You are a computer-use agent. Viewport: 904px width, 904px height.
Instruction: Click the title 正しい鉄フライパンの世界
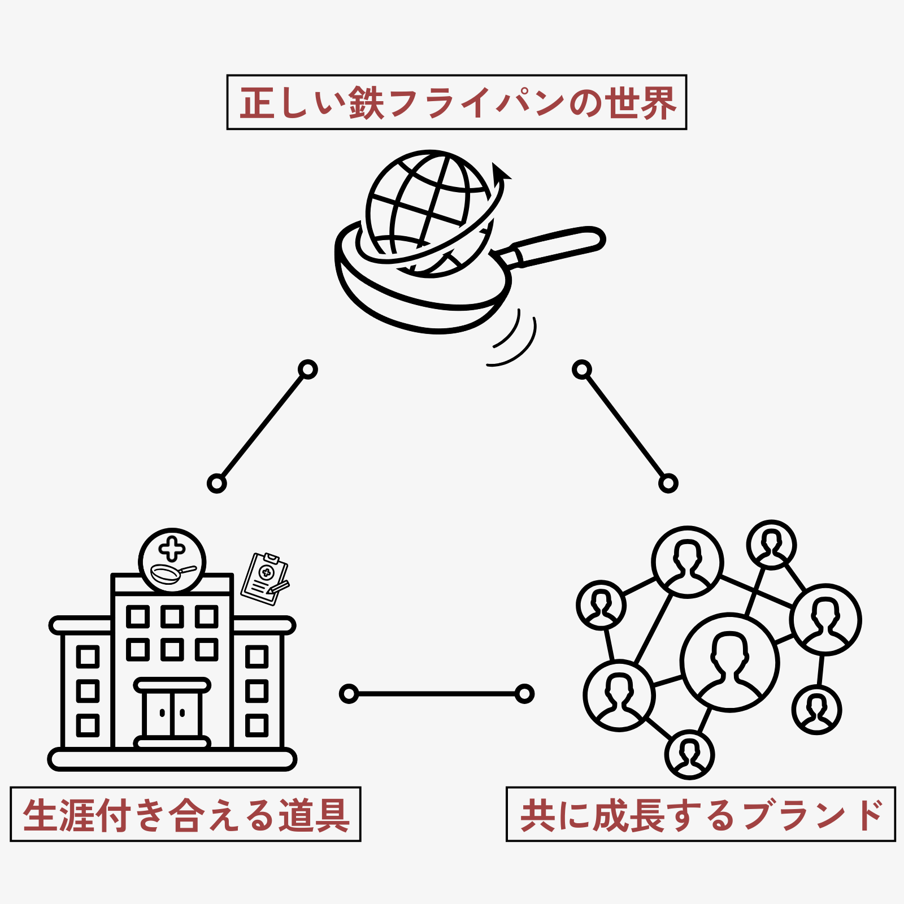tap(457, 102)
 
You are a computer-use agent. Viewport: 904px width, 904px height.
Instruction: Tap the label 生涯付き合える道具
tap(185, 814)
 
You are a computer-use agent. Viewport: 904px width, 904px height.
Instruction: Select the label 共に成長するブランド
tap(701, 814)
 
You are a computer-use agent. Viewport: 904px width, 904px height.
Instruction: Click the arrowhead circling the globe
tap(499, 171)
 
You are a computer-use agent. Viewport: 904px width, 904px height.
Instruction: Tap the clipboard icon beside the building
tap(264, 579)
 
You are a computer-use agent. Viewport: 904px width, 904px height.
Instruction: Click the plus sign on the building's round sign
tap(172, 549)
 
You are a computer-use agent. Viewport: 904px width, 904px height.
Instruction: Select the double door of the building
tap(172, 713)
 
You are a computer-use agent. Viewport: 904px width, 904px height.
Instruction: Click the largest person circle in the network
tap(729, 662)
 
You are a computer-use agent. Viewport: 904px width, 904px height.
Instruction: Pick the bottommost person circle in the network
tap(689, 754)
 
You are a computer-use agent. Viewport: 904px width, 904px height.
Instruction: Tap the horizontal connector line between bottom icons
tap(436, 693)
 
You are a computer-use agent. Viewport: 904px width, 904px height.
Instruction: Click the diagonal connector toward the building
tap(262, 427)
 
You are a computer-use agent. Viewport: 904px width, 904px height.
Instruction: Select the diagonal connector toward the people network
tap(625, 427)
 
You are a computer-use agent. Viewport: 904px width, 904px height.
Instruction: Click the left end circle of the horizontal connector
tap(349, 693)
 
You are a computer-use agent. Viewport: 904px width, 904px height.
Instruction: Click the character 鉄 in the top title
tap(366, 103)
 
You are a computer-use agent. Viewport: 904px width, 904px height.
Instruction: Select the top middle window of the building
tap(172, 616)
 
